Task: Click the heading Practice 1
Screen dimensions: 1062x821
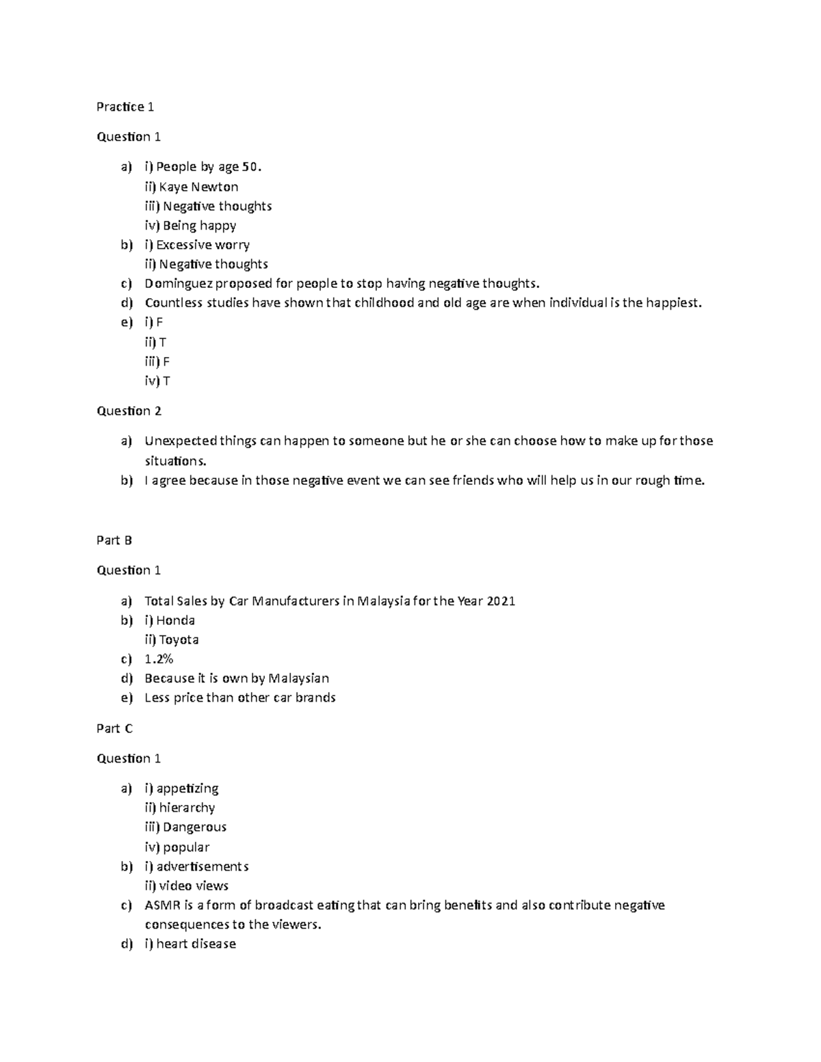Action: [x=125, y=107]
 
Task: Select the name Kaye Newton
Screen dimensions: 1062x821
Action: [x=199, y=187]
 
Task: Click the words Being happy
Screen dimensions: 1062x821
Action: [x=200, y=226]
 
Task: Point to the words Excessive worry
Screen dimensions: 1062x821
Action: [x=203, y=245]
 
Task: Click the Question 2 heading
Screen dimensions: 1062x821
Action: [x=129, y=411]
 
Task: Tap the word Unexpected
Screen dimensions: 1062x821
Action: [x=181, y=441]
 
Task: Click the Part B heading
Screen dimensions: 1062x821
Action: [x=114, y=540]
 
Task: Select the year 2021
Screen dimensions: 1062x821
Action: [x=501, y=601]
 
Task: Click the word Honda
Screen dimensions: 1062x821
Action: [x=176, y=621]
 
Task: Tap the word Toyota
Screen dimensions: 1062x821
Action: [x=179, y=640]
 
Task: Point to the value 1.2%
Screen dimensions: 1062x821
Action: [x=159, y=659]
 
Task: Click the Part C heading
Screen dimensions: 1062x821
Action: [x=114, y=729]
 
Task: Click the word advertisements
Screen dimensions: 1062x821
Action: [x=203, y=866]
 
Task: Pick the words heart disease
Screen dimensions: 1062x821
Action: [x=196, y=944]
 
